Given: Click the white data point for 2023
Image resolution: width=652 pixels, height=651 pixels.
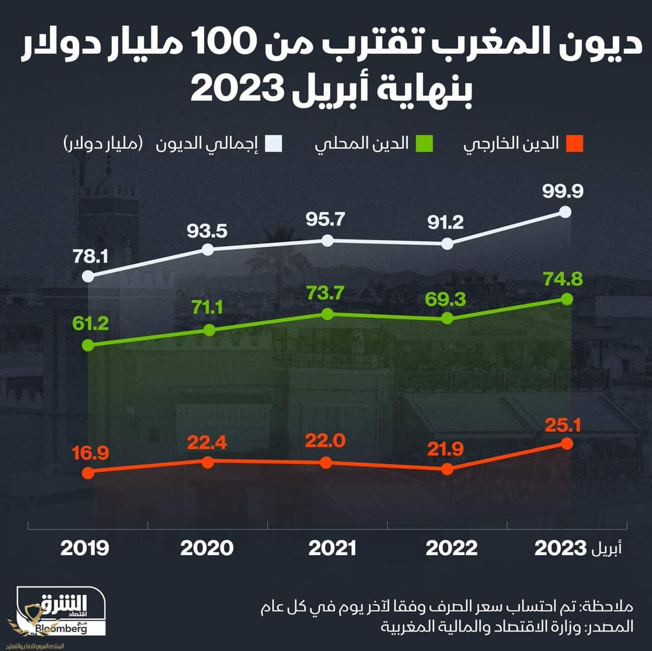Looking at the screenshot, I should (x=566, y=211).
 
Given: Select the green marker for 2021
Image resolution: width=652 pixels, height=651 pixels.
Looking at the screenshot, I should (x=327, y=314).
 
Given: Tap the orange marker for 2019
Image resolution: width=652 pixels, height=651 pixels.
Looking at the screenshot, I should (x=88, y=472).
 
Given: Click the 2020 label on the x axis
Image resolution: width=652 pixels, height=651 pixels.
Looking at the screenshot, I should (x=207, y=548).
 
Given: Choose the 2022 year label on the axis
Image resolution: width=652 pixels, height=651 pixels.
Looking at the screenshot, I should (x=452, y=548).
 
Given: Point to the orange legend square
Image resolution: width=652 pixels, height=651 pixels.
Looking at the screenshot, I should (x=575, y=144).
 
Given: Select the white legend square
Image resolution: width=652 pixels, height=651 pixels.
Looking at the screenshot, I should (x=275, y=144).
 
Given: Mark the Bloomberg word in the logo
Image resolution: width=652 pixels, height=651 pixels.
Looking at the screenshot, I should (x=60, y=629).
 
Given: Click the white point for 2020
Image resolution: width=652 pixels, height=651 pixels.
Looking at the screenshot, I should (x=207, y=249).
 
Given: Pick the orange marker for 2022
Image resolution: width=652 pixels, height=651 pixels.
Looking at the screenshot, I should (x=447, y=469).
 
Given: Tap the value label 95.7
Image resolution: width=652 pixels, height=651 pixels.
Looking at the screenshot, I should (x=327, y=220).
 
